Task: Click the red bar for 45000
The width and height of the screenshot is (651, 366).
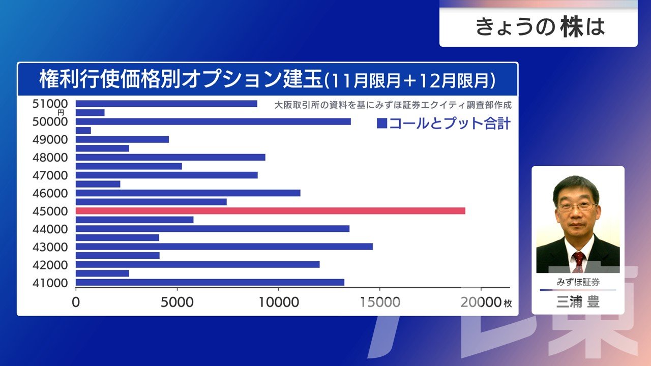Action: pos(270,211)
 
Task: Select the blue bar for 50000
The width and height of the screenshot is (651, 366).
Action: pos(213,121)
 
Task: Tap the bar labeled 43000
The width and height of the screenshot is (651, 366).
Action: pos(224,247)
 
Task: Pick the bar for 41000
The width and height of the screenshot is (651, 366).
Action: pos(210,282)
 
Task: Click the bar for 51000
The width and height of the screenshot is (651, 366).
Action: pos(166,104)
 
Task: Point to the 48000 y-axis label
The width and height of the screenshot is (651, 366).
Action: pos(50,158)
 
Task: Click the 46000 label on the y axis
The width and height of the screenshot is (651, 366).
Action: pos(50,193)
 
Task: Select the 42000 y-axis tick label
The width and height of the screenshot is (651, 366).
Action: pos(50,265)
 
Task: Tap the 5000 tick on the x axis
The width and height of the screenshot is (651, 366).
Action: pos(177,302)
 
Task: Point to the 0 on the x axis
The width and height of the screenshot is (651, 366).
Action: pos(76,302)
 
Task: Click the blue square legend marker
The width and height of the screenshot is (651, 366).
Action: pos(381,124)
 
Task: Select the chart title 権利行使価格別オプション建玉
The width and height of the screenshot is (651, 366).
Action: pos(181,80)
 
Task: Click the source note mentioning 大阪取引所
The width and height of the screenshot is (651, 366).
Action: pos(392,105)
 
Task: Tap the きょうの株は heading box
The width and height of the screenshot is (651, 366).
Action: pos(538,27)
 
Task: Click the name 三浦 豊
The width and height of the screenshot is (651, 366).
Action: pos(578,302)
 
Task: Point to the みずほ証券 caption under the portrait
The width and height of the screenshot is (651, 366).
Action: pos(578,282)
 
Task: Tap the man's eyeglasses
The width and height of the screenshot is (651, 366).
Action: pos(577,207)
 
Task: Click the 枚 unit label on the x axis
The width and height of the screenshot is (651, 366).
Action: pos(508,303)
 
